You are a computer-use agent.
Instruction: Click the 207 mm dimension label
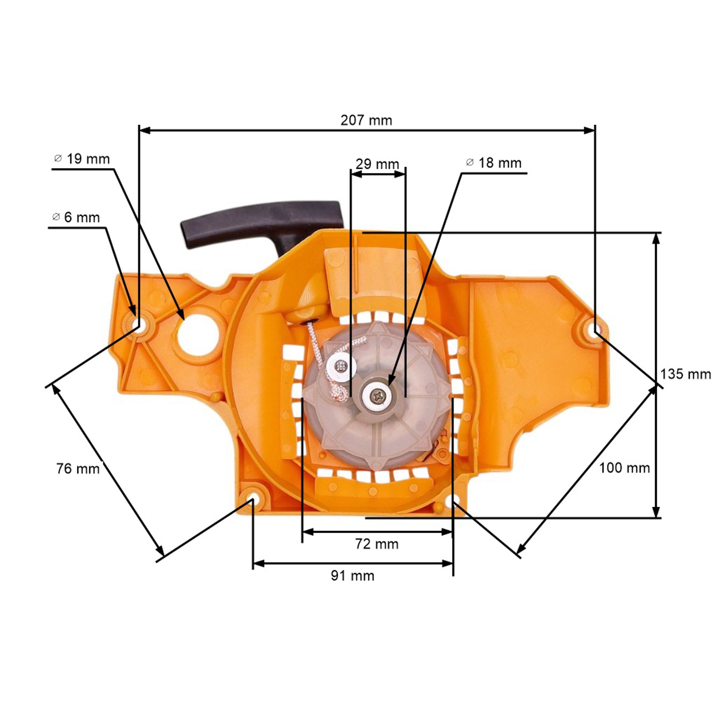coord(366,120)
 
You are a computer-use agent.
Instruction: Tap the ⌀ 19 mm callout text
coord(82,159)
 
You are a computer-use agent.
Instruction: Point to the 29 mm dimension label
coord(377,164)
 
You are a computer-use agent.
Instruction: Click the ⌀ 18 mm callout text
coord(494,163)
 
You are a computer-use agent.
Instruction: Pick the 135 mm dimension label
coord(685,374)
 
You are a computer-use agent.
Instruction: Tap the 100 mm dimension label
coord(624,468)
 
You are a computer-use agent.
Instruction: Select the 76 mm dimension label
coord(78,469)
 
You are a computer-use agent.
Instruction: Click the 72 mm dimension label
coord(376,544)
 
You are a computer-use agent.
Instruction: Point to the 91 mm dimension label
coord(352,576)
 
